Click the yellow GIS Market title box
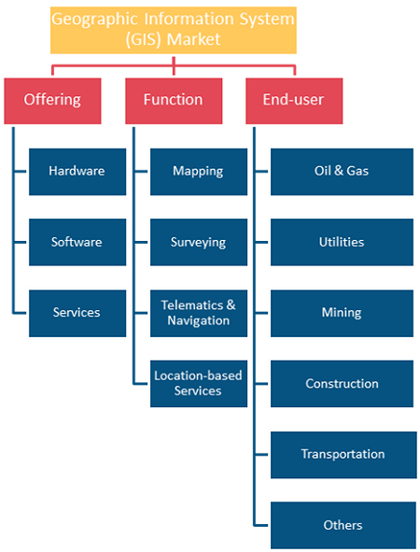174,30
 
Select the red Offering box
52,101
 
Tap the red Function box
174,101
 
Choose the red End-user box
294,101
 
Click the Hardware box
77,172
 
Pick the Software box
77,242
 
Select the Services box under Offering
77,313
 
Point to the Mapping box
199,172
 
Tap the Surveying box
199,242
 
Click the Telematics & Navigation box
199,313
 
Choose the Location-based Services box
199,384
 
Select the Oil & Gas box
342,172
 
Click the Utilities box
342,242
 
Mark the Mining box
342,313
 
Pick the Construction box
342,384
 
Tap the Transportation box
343,455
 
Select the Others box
343,525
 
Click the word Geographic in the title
94,20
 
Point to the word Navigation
199,320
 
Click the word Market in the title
193,39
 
